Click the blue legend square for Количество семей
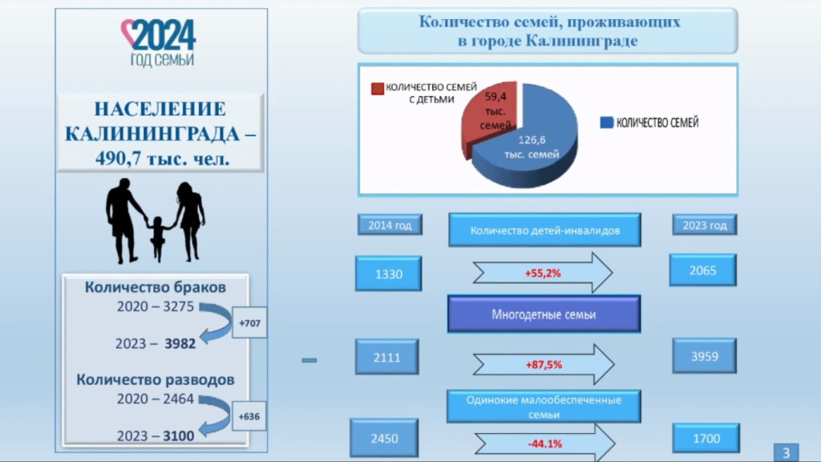[x=606, y=123]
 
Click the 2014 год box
[x=390, y=225]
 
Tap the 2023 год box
[x=704, y=225]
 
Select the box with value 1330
[x=388, y=274]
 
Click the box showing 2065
[x=702, y=270]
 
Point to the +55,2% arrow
[x=543, y=274]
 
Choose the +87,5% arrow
[x=543, y=364]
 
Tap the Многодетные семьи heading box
[x=544, y=314]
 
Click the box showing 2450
[x=384, y=439]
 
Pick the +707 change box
[x=249, y=323]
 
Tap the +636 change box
[x=249, y=416]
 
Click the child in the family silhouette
[x=158, y=237]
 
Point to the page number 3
[x=786, y=451]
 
